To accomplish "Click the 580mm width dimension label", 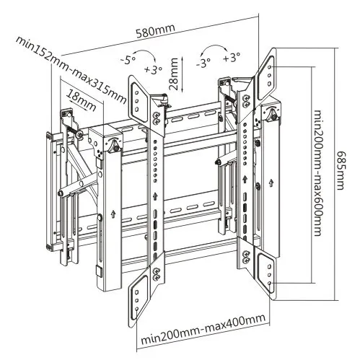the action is pos(155,31).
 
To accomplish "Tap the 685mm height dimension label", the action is pos(341,170).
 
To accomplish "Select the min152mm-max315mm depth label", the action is pos(71,70).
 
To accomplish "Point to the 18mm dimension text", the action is pos(82,100).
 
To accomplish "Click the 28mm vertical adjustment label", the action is pos(173,74).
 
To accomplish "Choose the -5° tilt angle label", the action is pos(128,60).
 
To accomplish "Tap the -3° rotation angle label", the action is pos(203,63).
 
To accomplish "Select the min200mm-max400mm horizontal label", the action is pos(203,331).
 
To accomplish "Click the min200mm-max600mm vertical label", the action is pos(317,173).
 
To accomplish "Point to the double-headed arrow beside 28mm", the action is pos(183,74).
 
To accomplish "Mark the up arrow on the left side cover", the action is pos(112,214).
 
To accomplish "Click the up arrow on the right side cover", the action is pos(271,183).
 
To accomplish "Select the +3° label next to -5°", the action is pos(153,70).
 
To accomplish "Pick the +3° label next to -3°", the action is pos(232,58).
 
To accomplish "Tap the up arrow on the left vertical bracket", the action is pos(154,196).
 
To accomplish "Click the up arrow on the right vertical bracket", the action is pos(245,180).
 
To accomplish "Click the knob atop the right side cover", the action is pos(273,115).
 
